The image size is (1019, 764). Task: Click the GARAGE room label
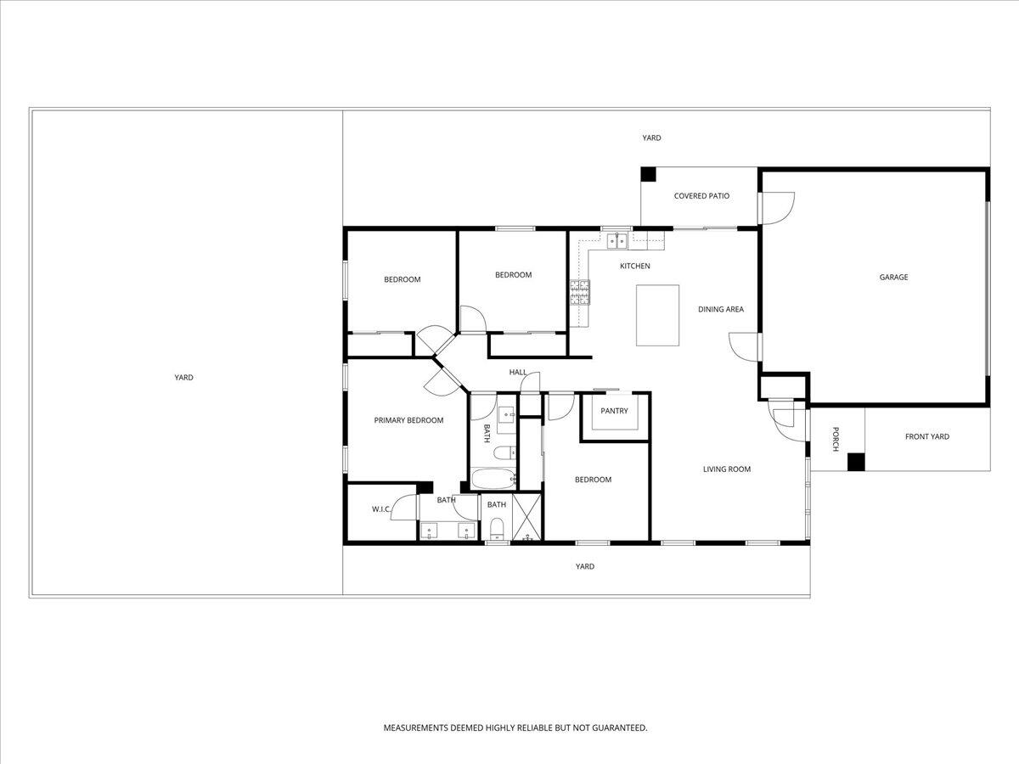893,277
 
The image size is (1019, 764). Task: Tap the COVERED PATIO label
701,196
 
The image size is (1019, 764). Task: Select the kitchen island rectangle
658,315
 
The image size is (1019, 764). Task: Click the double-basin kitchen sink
616,241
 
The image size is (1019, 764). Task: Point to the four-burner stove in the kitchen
580,293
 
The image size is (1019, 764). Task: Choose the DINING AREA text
721,309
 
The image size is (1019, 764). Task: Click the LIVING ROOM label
726,469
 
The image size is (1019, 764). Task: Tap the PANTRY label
614,411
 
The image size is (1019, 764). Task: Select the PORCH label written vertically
836,438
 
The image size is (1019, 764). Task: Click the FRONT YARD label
927,436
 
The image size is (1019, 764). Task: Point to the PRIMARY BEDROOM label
408,420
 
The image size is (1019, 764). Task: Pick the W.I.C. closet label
380,509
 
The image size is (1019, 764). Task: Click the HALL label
518,372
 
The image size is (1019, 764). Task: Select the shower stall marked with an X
526,517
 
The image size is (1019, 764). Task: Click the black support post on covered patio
648,174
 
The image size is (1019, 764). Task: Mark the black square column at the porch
856,462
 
